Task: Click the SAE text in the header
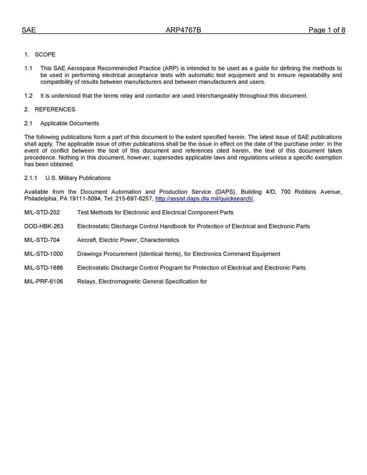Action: coord(29,31)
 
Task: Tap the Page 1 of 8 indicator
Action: coord(326,31)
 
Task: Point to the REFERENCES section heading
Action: coord(55,109)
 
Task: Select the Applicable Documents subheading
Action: coord(70,123)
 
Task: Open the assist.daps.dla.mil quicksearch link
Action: coord(204,198)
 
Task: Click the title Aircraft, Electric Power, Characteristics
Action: coord(128,240)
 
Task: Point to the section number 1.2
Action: coord(28,95)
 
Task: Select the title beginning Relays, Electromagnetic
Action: coord(142,282)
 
